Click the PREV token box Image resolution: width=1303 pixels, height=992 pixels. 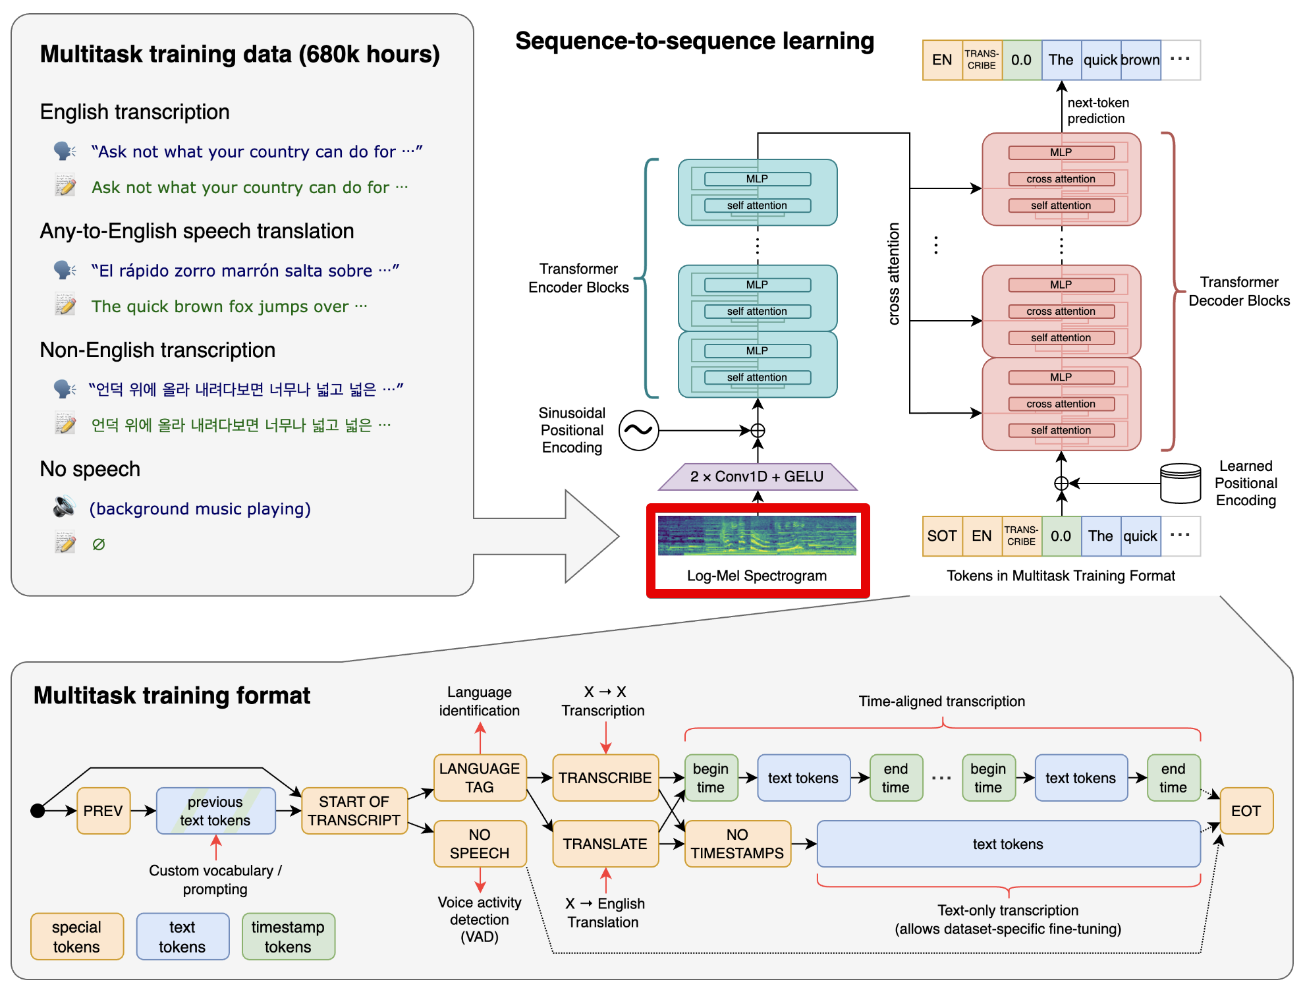coord(103,810)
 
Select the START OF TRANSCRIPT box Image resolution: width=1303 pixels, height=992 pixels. coord(354,810)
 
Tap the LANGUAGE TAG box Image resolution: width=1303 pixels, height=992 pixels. coord(480,777)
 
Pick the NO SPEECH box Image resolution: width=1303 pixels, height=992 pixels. coord(480,843)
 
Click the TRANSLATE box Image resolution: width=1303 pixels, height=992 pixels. coord(605,843)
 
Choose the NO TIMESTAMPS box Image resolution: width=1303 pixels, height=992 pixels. coord(737,843)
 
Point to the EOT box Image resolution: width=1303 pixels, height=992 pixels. coord(1246,810)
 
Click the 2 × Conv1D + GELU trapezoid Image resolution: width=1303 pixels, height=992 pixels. coord(758,476)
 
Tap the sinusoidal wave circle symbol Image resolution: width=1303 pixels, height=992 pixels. coord(638,430)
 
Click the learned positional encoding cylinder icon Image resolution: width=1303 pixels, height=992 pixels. coord(1180,483)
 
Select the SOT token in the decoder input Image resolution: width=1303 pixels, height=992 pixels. coord(942,536)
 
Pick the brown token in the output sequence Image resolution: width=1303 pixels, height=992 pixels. coord(1140,60)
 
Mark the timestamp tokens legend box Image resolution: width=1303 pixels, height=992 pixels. coord(288,936)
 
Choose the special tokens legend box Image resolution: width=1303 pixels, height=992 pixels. coord(76,936)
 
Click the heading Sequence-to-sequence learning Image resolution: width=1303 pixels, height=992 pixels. coord(694,41)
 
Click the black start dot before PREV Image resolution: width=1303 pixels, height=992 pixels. coord(38,810)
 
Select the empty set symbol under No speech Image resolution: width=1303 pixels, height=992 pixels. coord(99,544)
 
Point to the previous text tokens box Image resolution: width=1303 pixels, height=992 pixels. coord(215,810)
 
